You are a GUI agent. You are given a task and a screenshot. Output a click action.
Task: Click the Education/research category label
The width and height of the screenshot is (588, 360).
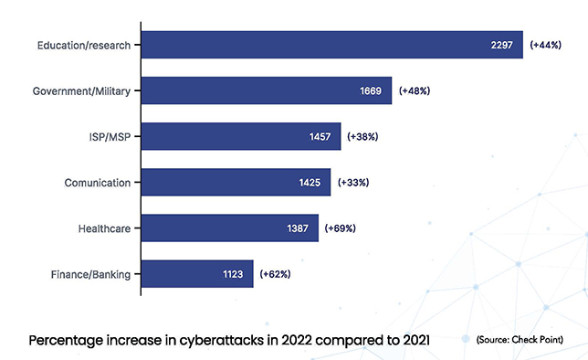[x=85, y=45]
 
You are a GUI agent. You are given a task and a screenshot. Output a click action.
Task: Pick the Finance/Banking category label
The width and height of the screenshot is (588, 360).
[x=89, y=273]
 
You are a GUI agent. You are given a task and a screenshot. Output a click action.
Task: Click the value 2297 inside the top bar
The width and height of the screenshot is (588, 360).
[x=500, y=45]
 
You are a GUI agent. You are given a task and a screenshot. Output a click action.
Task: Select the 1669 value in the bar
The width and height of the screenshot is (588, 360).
[x=374, y=90]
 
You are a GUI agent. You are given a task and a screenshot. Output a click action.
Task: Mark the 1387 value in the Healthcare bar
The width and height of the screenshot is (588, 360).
[x=300, y=228]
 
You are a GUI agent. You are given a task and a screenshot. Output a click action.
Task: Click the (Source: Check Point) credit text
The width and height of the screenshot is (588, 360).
[x=520, y=339]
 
